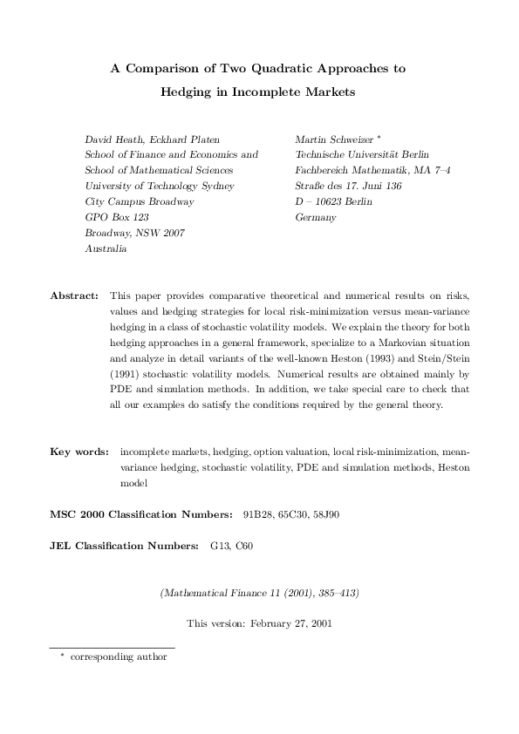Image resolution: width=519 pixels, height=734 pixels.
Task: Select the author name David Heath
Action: tap(113, 139)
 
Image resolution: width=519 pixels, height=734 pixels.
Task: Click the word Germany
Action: tap(316, 217)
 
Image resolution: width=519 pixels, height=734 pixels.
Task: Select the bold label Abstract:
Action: tap(74, 296)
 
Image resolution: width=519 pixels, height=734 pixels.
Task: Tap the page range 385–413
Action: tap(326, 593)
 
